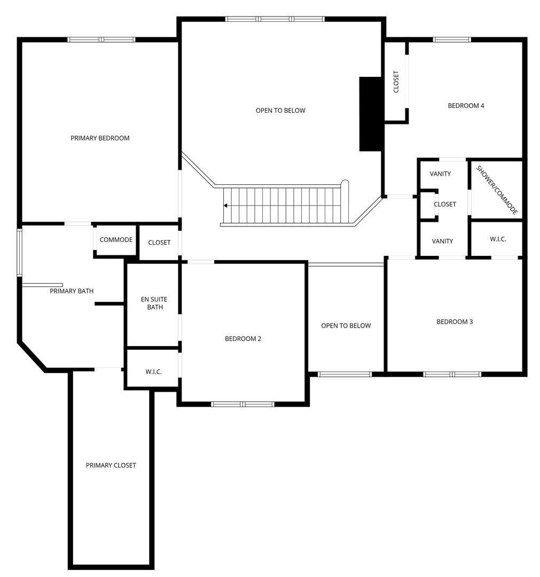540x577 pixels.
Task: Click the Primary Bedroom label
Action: tap(100, 138)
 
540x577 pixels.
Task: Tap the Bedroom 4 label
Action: tap(466, 106)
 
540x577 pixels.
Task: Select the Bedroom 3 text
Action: tap(455, 322)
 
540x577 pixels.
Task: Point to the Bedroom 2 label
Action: tap(243, 339)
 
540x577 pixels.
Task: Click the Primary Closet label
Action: tap(111, 465)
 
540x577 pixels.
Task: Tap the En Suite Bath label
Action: tap(154, 303)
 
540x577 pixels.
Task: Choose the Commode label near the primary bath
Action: tap(116, 239)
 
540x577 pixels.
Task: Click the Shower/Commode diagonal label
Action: tap(497, 190)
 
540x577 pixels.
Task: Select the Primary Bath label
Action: tap(72, 291)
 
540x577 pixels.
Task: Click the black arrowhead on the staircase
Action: tap(225, 205)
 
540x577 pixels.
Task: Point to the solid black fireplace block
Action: tap(371, 114)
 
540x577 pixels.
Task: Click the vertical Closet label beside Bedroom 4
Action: tap(396, 81)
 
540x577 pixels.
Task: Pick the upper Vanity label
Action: tap(440, 174)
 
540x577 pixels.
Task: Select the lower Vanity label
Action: tap(442, 241)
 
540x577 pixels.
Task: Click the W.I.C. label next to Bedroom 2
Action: tap(153, 372)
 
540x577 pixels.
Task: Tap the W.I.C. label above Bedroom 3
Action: tap(498, 239)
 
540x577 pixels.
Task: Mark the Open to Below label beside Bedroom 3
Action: tap(346, 326)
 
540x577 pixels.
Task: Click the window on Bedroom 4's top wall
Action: tap(452, 40)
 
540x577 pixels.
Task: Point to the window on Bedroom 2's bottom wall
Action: tap(243, 404)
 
